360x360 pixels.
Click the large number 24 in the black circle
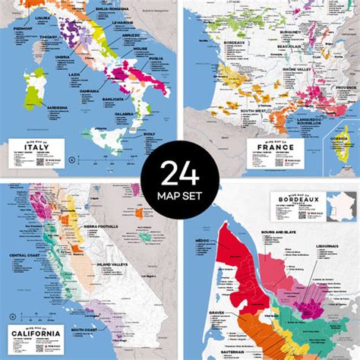click(x=180, y=175)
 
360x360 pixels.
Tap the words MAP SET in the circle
click(x=180, y=200)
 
